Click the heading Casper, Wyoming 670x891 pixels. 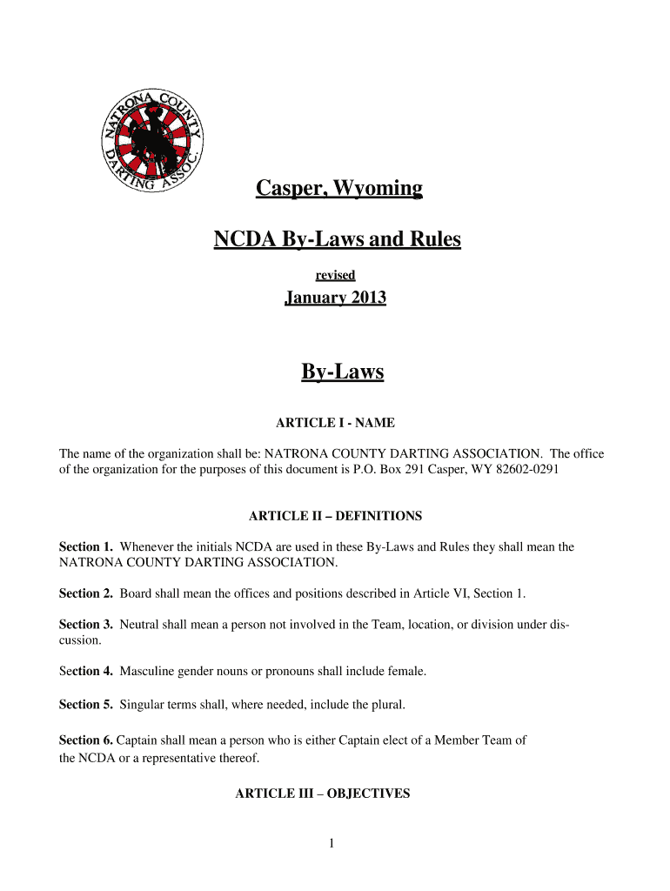338,188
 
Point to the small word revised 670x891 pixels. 335,275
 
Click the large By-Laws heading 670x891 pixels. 342,372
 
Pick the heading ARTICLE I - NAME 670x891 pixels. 335,423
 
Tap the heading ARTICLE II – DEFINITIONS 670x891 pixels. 335,516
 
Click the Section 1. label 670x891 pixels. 86,547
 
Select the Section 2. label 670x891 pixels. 86,593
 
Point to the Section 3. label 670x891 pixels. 86,625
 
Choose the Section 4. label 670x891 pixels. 86,671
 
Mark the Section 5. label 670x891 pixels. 86,704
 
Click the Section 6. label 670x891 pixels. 86,740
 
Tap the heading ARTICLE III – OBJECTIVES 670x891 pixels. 323,794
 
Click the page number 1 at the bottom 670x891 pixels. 332,843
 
